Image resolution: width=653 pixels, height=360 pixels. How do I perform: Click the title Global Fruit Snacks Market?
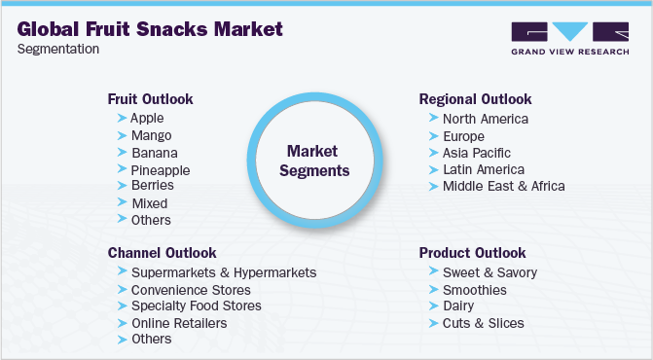[x=150, y=28]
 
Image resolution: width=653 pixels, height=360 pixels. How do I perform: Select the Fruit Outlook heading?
[x=150, y=99]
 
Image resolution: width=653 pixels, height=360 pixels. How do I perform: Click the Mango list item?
[x=151, y=135]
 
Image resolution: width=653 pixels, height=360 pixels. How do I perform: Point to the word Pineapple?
[x=161, y=169]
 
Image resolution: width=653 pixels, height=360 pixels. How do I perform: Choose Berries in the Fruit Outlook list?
[x=153, y=185]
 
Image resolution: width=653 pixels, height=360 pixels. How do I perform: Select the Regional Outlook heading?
[x=475, y=99]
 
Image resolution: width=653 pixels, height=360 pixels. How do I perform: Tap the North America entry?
[x=485, y=119]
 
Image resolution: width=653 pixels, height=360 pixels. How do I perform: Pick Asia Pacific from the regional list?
[x=476, y=153]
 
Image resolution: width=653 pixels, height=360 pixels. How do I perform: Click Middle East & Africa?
[x=503, y=186]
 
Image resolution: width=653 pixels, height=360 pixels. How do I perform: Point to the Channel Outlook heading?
[x=162, y=253]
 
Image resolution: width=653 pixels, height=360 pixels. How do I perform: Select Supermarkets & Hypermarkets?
[x=223, y=272]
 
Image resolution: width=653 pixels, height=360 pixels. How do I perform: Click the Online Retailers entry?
[x=179, y=323]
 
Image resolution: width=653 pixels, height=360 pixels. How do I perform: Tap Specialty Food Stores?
[x=196, y=306]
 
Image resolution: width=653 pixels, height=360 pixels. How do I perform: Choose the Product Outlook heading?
[x=472, y=253]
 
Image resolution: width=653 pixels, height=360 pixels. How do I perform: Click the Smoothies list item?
[x=474, y=290]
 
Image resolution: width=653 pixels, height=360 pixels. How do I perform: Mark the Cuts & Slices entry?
[x=483, y=323]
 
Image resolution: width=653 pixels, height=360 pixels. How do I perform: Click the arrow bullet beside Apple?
[x=121, y=118]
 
